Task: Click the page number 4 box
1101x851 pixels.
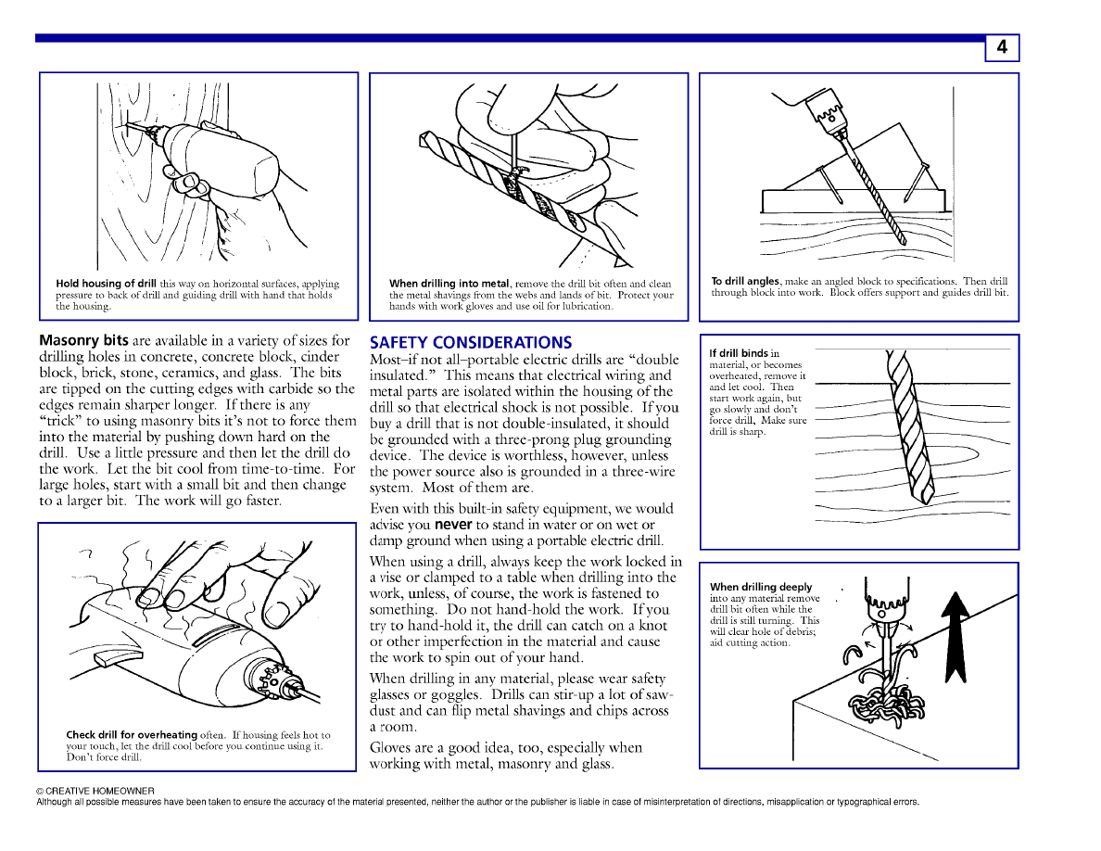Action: (1002, 48)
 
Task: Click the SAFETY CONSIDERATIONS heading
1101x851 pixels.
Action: (471, 343)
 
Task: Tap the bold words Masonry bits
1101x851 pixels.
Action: (83, 341)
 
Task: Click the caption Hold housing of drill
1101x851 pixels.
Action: (107, 284)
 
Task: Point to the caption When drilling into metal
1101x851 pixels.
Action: (449, 284)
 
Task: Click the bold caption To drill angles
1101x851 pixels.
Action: (745, 281)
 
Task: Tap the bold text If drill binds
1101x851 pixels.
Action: (739, 353)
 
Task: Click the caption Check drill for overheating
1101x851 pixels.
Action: (132, 735)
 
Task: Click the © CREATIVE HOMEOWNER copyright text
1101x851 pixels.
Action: (95, 791)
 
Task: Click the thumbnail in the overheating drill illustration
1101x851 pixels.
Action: (282, 613)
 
